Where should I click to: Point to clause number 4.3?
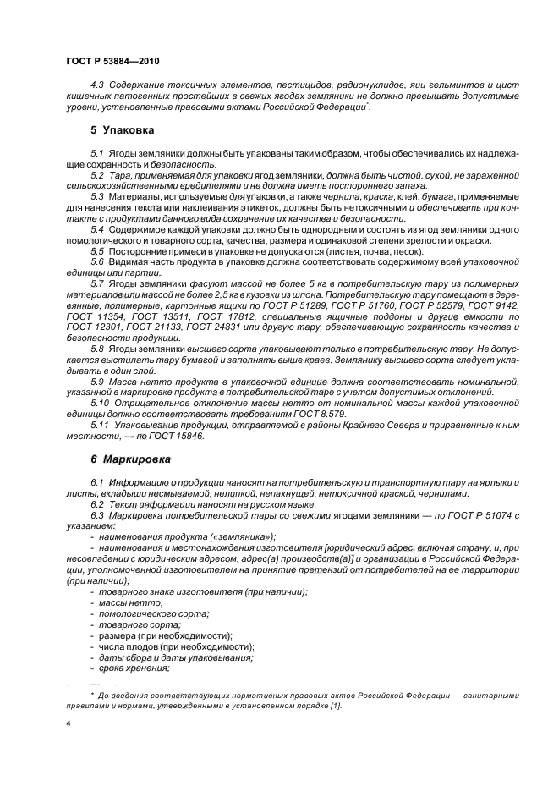tap(97, 86)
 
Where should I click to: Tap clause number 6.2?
tap(97, 503)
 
